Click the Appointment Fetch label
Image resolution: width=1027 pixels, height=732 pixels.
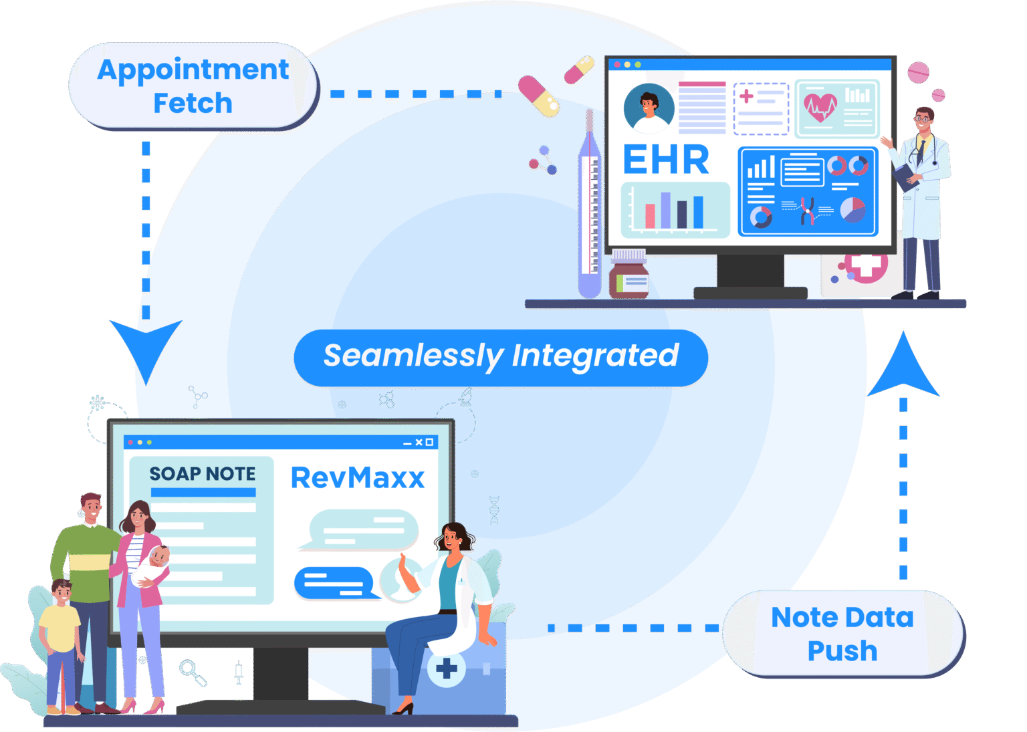193,86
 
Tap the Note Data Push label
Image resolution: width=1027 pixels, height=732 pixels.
842,634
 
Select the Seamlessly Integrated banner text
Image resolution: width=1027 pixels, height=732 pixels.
501,356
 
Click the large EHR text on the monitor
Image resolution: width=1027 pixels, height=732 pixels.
665,160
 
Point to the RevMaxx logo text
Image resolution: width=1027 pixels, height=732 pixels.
358,478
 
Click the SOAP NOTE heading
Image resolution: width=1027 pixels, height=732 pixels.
202,474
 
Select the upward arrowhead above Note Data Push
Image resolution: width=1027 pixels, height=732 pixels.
903,368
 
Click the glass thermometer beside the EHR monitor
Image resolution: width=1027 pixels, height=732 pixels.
589,207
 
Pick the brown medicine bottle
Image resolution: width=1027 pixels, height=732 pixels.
629,275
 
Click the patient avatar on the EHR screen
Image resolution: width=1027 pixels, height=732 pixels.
648,108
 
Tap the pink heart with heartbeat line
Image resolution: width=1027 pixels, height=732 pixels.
820,107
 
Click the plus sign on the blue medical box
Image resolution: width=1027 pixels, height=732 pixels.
446,668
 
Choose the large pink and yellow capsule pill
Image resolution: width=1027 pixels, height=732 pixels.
538,97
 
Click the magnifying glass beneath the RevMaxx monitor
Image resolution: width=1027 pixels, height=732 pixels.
192,672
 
